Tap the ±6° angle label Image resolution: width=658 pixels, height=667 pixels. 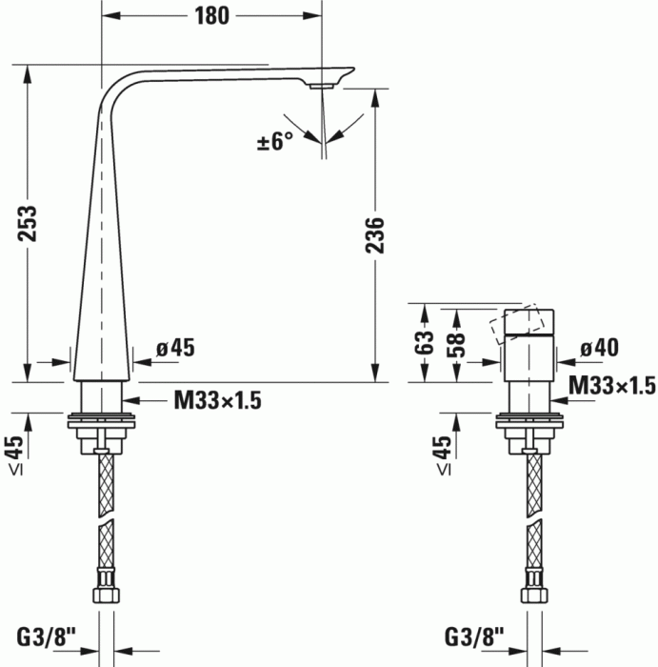275,142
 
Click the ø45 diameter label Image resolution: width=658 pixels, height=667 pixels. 175,349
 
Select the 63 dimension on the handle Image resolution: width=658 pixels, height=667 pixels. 427,340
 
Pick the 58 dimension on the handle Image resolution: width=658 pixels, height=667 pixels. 457,340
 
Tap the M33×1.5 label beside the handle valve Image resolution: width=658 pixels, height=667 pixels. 612,385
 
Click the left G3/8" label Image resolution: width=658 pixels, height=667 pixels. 47,635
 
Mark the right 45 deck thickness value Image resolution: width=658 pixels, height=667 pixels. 443,445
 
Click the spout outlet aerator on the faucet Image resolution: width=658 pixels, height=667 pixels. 319,87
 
